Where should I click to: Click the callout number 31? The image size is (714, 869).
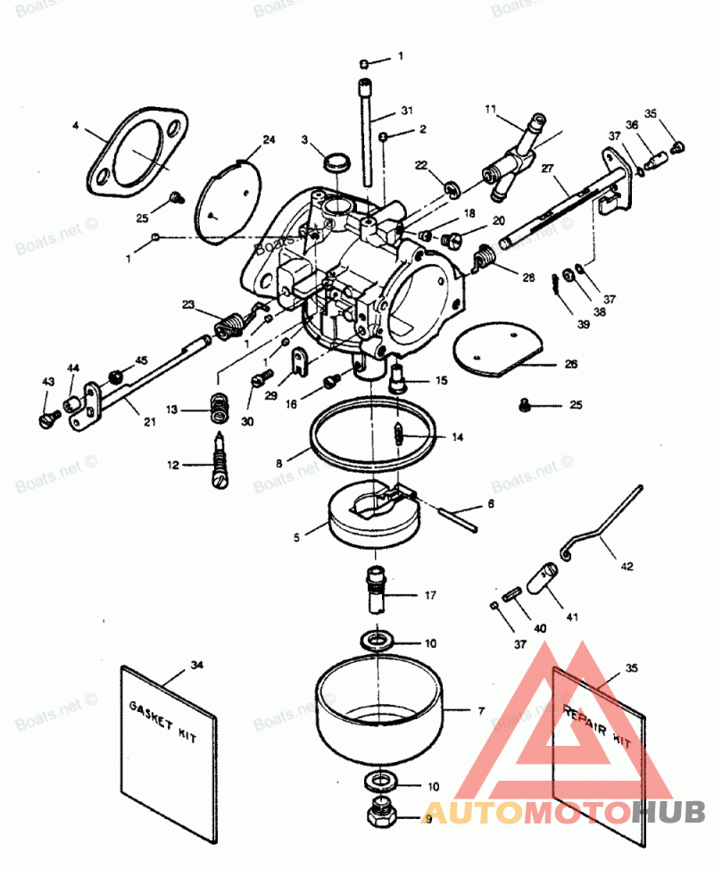406,111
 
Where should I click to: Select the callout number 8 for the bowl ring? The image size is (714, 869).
278,464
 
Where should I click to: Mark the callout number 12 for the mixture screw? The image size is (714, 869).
170,464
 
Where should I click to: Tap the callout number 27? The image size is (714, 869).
547,168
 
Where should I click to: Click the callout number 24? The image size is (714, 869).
269,139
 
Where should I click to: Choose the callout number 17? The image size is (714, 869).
430,595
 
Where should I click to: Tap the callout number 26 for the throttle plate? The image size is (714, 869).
570,364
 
